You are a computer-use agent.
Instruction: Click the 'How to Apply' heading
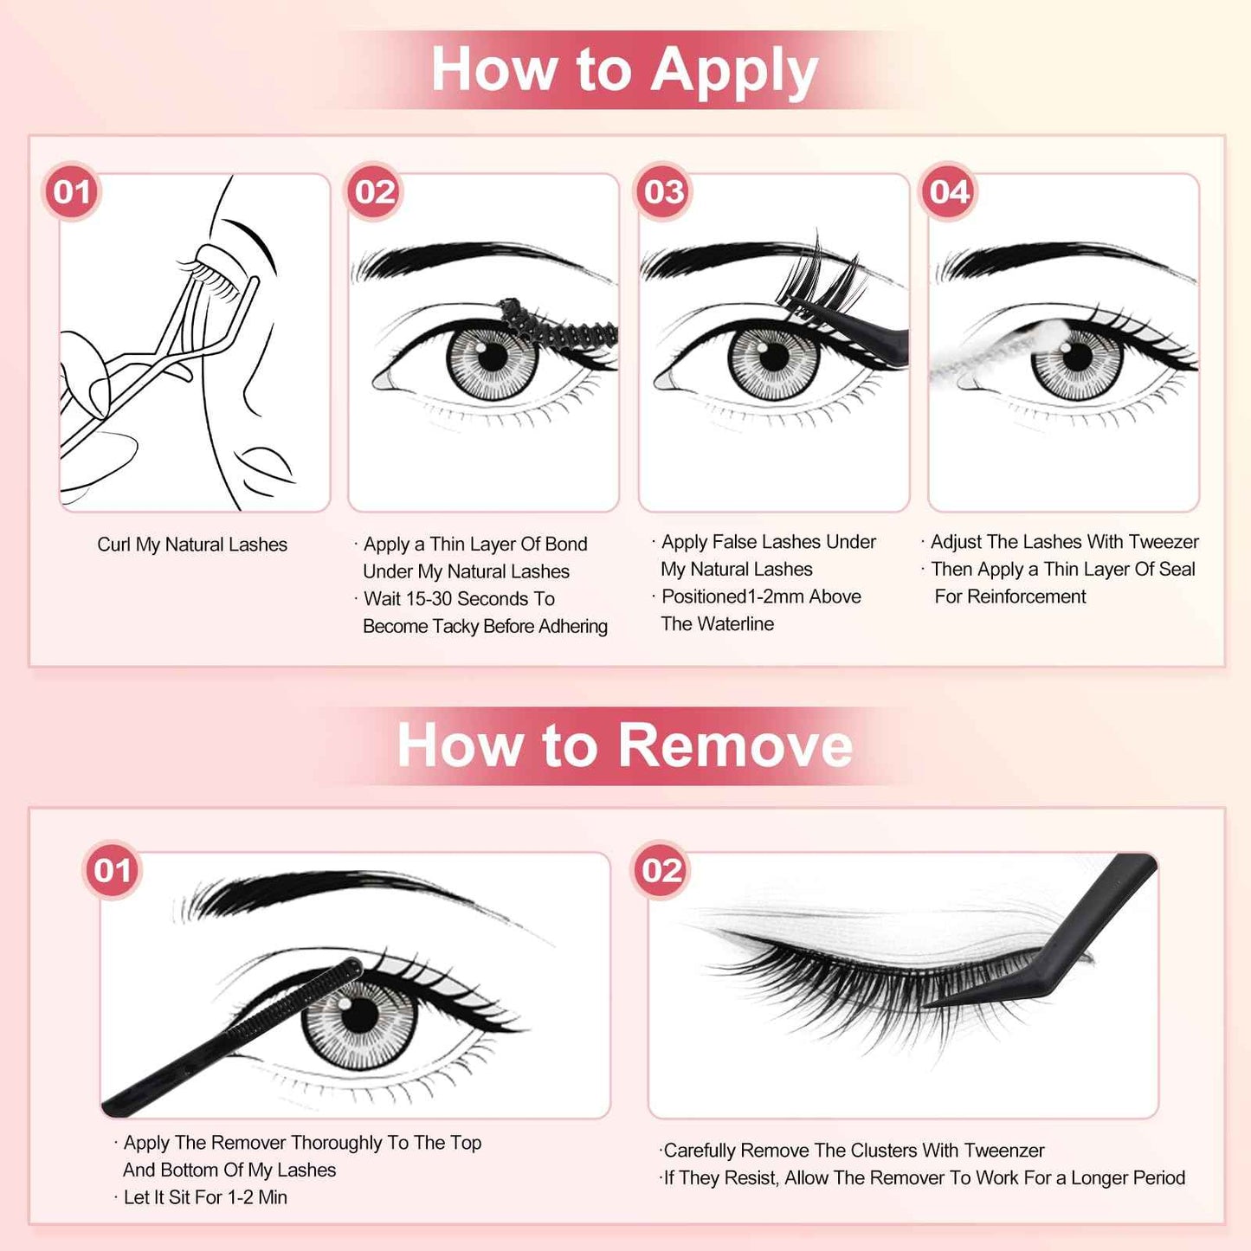click(624, 69)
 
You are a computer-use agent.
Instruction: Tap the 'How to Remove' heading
click(624, 745)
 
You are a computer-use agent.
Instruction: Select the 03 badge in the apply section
click(664, 191)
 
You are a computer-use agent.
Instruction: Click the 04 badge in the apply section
click(949, 191)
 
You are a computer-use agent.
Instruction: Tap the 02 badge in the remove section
click(661, 870)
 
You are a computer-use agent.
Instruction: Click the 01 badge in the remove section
click(113, 870)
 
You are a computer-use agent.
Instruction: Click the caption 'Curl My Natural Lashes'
click(192, 545)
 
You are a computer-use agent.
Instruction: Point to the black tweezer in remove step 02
click(1065, 952)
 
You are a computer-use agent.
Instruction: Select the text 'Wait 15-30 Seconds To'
click(459, 599)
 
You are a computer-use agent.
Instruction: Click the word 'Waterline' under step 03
click(736, 624)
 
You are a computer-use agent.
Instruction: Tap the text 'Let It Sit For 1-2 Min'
click(205, 1197)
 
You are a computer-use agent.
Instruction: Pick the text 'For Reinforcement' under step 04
click(1010, 596)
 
